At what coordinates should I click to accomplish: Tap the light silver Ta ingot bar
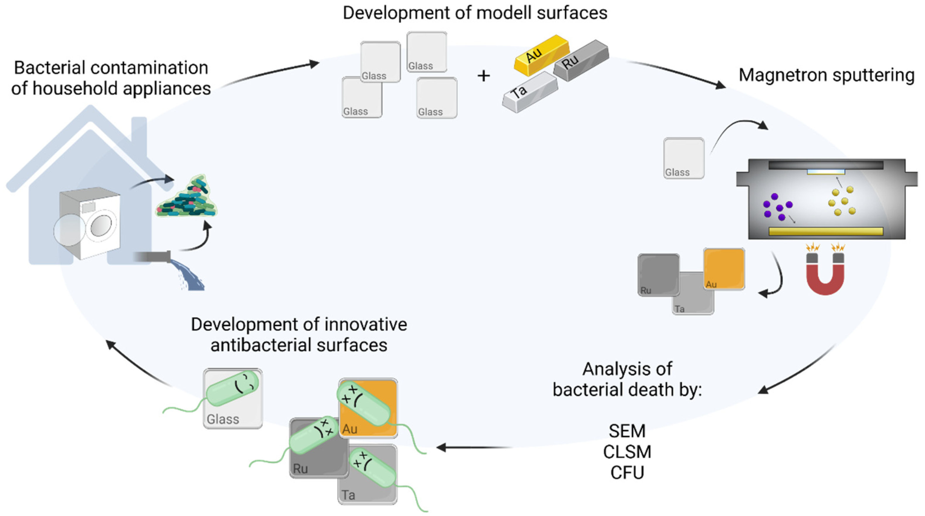tap(529, 92)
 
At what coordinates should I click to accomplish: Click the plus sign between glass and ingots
tap(484, 76)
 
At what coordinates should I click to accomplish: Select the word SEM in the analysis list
tap(627, 431)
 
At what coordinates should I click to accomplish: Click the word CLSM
tap(627, 452)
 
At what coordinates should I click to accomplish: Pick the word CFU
tap(627, 473)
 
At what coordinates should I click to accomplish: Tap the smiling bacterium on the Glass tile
tap(233, 388)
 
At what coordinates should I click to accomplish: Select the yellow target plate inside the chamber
tap(825, 231)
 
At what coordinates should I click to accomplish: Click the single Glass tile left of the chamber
tap(684, 158)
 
